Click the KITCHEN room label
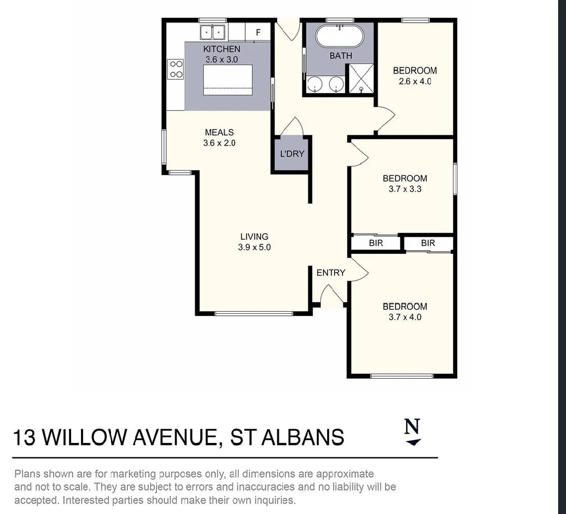pos(221,49)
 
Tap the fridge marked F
pos(258,33)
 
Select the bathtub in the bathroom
pos(339,36)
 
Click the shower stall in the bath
pos(361,78)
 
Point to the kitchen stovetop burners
pos(176,69)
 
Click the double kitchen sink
pos(213,32)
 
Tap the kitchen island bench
pos(228,79)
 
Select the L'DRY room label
pos(292,154)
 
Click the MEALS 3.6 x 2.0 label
pos(219,137)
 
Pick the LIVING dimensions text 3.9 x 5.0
pos(255,247)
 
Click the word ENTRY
pos(330,272)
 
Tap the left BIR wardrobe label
pos(376,243)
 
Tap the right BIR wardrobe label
pos(428,243)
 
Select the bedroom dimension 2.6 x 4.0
pos(415,82)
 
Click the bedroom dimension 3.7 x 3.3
pos(405,189)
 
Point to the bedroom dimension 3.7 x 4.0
pos(405,317)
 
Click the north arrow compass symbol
pos(413,432)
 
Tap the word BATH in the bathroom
pos(341,55)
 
